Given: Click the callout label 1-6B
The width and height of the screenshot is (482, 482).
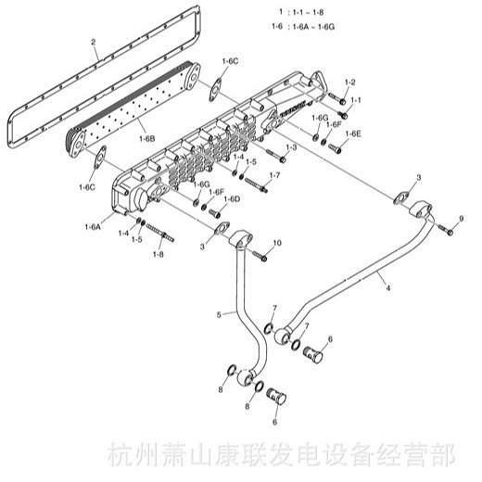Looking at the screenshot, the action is (x=147, y=139).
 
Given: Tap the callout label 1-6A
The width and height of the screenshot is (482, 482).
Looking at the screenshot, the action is (x=93, y=227).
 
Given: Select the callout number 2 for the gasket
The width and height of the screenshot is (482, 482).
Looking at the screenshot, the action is (x=94, y=42).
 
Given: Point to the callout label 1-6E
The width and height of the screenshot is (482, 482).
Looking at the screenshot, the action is (x=353, y=133).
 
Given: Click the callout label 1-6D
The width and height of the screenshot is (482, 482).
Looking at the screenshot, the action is (x=232, y=199).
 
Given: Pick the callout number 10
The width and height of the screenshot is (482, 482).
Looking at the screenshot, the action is (x=277, y=243).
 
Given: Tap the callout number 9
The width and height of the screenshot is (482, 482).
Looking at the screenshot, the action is (x=462, y=219).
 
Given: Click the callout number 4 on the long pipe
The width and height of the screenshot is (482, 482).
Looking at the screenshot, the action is (x=388, y=288).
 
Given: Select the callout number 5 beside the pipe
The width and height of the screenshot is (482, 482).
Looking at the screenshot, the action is (x=219, y=315).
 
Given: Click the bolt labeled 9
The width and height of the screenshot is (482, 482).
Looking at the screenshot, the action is (x=446, y=230).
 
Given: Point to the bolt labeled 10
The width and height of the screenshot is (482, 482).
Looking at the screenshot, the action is (x=260, y=256).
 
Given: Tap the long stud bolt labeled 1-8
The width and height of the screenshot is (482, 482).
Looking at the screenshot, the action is (x=160, y=233).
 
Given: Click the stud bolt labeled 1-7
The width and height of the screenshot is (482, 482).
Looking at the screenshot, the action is (x=256, y=184).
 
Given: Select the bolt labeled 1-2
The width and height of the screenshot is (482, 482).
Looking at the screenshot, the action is (x=337, y=98).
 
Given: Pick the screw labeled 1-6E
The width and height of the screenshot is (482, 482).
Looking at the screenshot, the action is (x=335, y=148).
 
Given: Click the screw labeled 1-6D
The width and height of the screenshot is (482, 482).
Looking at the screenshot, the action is (x=215, y=212).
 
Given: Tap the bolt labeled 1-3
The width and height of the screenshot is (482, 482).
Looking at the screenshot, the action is (x=276, y=156).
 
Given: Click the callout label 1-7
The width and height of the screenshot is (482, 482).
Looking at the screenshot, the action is (x=274, y=175).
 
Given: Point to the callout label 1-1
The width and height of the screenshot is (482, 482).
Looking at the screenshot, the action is (x=356, y=100).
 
